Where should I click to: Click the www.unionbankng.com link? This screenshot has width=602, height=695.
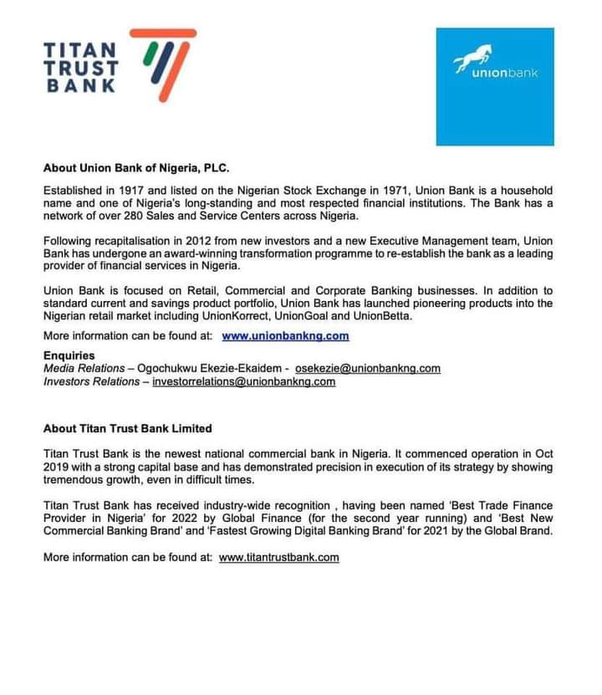point(285,336)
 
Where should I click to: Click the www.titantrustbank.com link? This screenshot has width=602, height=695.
point(279,557)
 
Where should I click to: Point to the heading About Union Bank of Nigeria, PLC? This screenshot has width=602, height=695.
point(135,167)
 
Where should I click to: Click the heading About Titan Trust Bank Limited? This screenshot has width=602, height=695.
point(128,428)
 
